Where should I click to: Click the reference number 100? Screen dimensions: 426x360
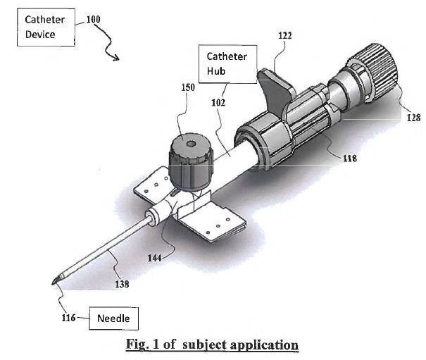coord(93,19)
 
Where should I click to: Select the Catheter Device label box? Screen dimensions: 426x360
coord(46,27)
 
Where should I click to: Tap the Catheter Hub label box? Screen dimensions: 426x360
coord(227,64)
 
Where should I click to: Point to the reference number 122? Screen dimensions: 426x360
coord(285,36)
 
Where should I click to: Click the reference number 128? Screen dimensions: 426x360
coord(413,118)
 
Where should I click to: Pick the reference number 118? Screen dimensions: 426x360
coord(350,159)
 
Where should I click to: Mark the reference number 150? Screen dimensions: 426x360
coord(188,87)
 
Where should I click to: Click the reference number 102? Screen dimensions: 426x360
coord(218,103)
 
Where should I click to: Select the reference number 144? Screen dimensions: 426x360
coord(154,258)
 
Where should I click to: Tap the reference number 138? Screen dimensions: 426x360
coord(122,284)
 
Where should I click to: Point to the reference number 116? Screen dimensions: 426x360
coord(68,318)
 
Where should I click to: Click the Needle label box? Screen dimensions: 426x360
coord(114,318)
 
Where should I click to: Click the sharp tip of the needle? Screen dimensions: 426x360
coord(52,284)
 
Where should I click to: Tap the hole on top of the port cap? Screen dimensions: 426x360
coord(191,143)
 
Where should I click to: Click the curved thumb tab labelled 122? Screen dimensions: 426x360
coord(276,89)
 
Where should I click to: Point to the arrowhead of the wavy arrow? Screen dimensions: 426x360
coord(116,58)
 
